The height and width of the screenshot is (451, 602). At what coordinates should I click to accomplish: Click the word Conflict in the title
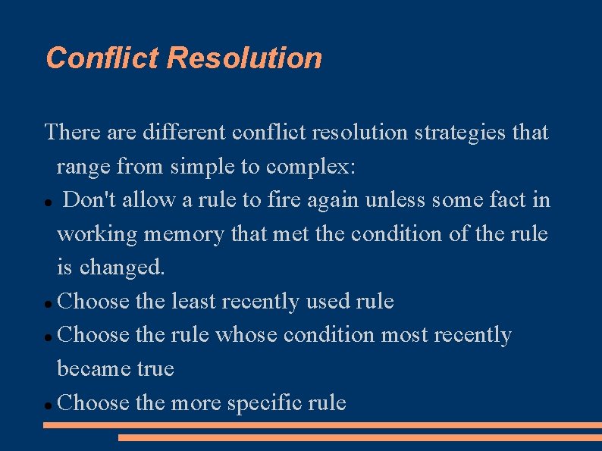point(102,58)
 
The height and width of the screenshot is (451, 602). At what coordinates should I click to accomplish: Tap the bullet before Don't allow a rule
point(48,202)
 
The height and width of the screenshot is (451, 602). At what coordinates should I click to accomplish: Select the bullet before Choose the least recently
point(48,303)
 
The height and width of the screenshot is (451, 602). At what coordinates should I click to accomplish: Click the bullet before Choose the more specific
point(48,405)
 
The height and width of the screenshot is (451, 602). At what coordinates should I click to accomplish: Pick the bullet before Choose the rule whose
point(48,337)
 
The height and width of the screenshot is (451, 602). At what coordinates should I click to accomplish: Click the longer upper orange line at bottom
point(322,425)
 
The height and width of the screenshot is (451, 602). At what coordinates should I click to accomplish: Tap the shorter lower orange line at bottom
point(359,437)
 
